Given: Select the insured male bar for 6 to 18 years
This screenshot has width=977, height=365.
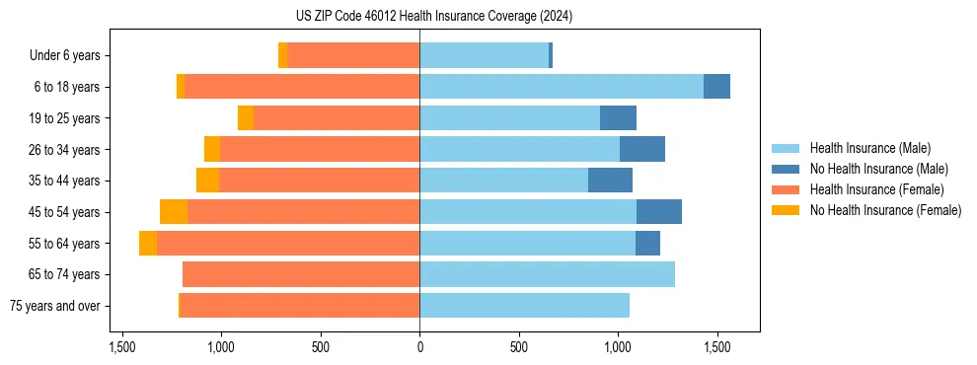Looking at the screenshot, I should click(562, 87).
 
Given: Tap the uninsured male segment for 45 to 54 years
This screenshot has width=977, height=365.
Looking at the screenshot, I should click(659, 212).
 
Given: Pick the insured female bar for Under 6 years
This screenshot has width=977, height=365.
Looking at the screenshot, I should click(353, 55).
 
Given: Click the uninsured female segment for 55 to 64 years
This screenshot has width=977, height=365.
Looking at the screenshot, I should click(148, 244).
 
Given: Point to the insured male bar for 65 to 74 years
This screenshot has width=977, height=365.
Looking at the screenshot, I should click(547, 274).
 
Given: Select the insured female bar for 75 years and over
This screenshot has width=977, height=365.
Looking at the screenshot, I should click(300, 306).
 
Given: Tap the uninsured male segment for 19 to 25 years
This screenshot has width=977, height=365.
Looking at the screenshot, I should click(618, 118).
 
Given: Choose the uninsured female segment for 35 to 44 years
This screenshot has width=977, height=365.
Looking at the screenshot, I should click(207, 181).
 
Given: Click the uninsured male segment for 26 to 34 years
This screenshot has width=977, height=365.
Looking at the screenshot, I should click(642, 149).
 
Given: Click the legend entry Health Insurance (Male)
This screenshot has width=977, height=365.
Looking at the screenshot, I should click(869, 148).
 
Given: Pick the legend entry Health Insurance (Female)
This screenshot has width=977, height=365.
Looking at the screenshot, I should click(876, 189).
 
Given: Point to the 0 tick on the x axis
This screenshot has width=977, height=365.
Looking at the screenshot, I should click(419, 347).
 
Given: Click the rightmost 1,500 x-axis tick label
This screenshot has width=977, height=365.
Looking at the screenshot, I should click(717, 347).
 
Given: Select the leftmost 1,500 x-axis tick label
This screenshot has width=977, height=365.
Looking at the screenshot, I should click(122, 347).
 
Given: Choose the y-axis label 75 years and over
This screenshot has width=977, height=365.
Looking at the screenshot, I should click(54, 306).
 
